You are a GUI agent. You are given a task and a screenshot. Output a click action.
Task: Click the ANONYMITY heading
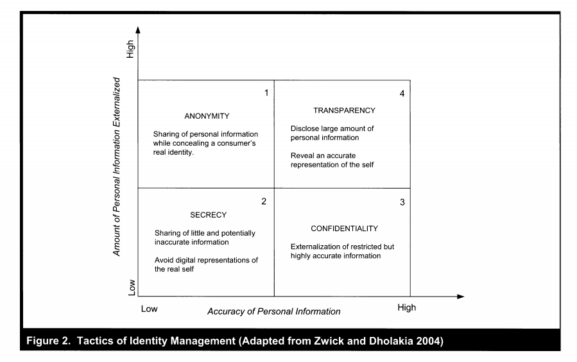tap(207, 116)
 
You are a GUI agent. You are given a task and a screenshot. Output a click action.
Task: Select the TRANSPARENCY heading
tap(344, 110)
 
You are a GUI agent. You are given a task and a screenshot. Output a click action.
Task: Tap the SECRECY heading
tap(208, 215)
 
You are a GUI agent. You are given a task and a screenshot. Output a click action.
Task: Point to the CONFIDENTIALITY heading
tap(344, 228)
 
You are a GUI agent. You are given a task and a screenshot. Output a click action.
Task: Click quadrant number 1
tap(266, 93)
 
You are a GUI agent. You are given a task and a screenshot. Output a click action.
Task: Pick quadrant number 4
tap(402, 94)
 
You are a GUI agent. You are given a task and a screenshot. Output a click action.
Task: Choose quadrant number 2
tap(264, 202)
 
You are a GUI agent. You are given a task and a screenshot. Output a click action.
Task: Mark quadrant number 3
tap(402, 203)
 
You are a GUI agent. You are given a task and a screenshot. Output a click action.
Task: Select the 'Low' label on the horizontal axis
tap(149, 308)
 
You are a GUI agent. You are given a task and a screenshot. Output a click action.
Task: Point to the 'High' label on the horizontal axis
tap(406, 307)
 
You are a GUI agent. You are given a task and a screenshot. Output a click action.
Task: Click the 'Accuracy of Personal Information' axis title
tap(273, 312)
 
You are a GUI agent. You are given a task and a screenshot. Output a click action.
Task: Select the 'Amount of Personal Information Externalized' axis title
tap(117, 168)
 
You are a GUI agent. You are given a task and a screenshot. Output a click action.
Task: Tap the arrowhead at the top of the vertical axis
tap(138, 29)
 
